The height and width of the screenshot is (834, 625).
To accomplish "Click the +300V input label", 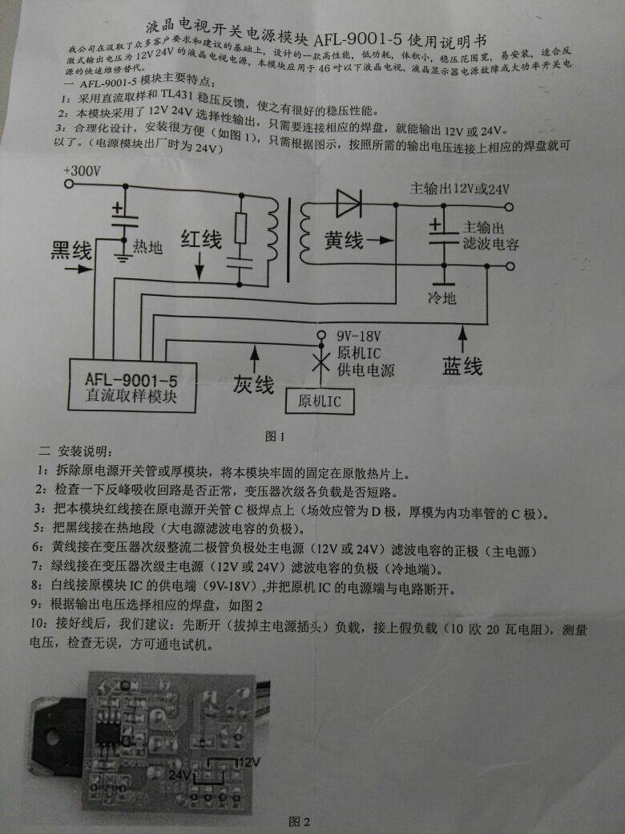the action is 83,172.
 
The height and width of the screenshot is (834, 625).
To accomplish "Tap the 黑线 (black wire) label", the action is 71,251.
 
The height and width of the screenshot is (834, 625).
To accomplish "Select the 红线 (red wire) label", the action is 201,238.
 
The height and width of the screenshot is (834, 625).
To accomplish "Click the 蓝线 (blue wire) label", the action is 462,366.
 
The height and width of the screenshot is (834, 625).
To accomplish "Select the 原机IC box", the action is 319,401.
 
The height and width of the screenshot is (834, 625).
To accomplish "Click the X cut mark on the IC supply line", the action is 321,363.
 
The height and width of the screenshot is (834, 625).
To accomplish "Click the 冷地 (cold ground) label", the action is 441,298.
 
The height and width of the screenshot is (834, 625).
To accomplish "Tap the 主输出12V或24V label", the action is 459,189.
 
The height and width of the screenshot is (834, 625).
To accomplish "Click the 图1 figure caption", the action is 275,436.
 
